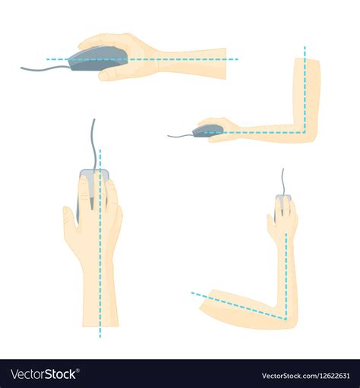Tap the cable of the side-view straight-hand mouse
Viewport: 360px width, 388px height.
tap(43, 69)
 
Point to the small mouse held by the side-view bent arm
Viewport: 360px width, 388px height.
tap(207, 131)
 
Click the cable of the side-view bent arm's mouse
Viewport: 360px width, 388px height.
tap(179, 136)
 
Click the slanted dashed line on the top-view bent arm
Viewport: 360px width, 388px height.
tap(235, 304)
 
